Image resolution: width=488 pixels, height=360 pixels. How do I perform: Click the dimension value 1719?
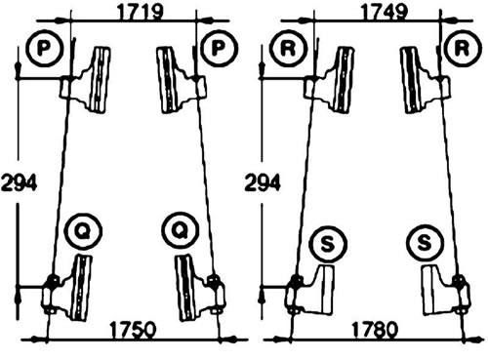[140, 13]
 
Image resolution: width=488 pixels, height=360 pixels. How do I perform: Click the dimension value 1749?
[384, 13]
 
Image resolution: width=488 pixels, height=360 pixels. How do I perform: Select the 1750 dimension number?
[134, 330]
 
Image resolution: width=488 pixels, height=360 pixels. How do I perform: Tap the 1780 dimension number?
[375, 330]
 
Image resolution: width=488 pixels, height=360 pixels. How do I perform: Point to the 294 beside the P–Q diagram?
[20, 182]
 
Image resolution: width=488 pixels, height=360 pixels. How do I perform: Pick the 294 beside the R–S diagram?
[263, 182]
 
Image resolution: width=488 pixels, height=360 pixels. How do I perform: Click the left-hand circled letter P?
[44, 48]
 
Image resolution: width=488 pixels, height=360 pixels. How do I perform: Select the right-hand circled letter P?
[219, 48]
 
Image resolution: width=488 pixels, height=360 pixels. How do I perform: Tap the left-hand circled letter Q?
[83, 230]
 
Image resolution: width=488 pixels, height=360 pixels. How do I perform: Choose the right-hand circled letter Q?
[181, 230]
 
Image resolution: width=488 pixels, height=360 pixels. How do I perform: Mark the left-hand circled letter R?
[288, 48]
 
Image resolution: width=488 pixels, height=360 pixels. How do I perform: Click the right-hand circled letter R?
[463, 48]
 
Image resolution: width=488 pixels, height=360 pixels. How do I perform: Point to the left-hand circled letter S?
[328, 244]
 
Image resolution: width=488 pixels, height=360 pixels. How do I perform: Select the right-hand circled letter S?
[425, 244]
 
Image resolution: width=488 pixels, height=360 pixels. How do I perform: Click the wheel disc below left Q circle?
[81, 288]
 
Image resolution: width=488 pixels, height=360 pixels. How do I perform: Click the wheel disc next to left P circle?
[100, 80]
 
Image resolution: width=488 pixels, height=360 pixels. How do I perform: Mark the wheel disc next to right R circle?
[413, 80]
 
